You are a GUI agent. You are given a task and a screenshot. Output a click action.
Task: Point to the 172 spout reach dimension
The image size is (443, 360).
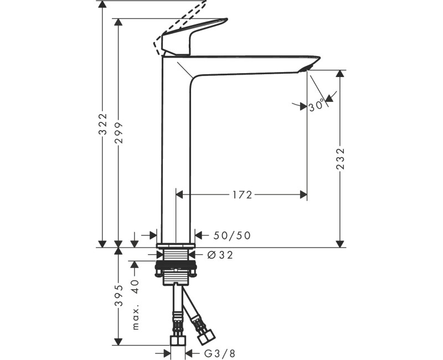tap(241, 194)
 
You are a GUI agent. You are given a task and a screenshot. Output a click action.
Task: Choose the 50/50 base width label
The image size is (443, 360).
tap(232, 235)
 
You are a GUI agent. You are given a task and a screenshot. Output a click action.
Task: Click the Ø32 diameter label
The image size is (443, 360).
tap(220, 255)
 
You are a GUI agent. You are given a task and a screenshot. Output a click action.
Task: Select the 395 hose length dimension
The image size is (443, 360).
tap(118, 300)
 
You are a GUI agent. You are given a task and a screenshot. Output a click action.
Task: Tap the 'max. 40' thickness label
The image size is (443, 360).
tap(135, 305)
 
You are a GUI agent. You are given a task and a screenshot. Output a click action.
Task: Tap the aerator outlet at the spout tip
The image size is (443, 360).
tap(305, 68)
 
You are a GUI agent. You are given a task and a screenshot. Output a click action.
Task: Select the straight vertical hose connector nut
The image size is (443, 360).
tap(177, 338)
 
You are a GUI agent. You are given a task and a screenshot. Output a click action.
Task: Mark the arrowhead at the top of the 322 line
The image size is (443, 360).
tap(102, 4)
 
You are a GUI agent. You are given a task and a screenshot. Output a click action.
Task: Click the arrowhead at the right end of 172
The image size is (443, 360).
tap(303, 194)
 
